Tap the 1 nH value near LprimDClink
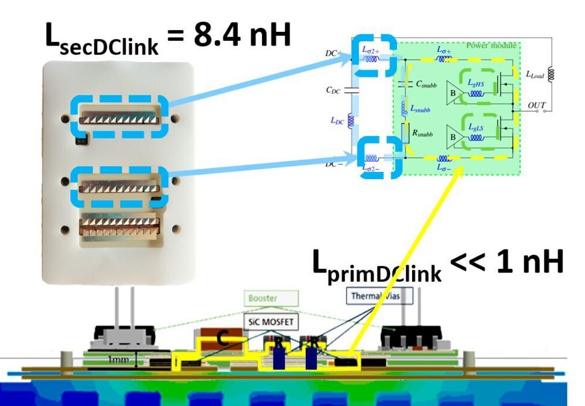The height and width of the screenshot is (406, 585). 528,264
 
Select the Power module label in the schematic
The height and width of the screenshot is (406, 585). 491,46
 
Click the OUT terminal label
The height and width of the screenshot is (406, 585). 537,106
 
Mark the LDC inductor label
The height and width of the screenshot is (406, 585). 338,121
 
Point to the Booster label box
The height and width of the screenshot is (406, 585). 263,298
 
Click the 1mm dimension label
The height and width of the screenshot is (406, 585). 120,358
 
